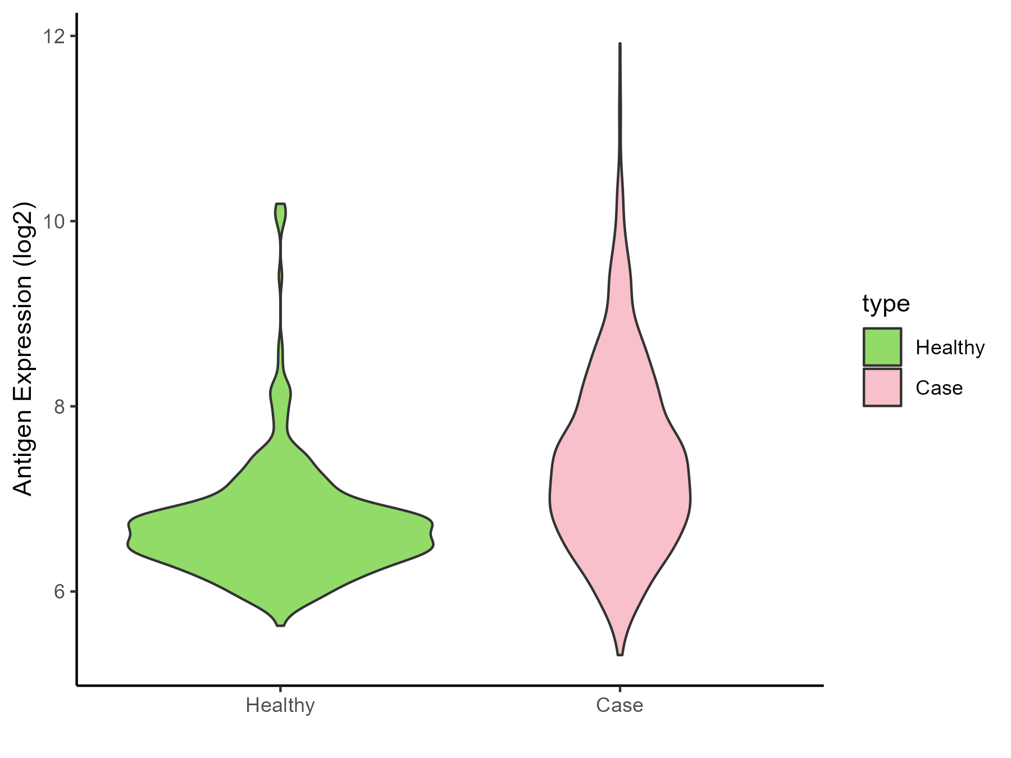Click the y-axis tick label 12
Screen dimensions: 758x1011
click(51, 36)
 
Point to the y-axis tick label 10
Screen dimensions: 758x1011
click(51, 221)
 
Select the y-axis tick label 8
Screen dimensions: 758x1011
click(59, 407)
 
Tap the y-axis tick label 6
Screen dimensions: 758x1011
click(59, 592)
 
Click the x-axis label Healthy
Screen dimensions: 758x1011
click(280, 705)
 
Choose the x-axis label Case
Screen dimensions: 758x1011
click(620, 705)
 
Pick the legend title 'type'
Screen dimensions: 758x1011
click(886, 304)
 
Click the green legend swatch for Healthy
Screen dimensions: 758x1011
click(882, 347)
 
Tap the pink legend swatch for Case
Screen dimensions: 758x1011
click(882, 387)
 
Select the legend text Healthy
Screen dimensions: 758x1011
click(950, 348)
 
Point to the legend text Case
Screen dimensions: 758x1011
click(939, 388)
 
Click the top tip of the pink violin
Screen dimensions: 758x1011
click(620, 44)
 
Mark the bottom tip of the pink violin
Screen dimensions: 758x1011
click(620, 654)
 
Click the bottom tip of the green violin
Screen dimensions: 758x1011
click(281, 624)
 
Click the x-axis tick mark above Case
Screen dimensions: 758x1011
click(620, 688)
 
